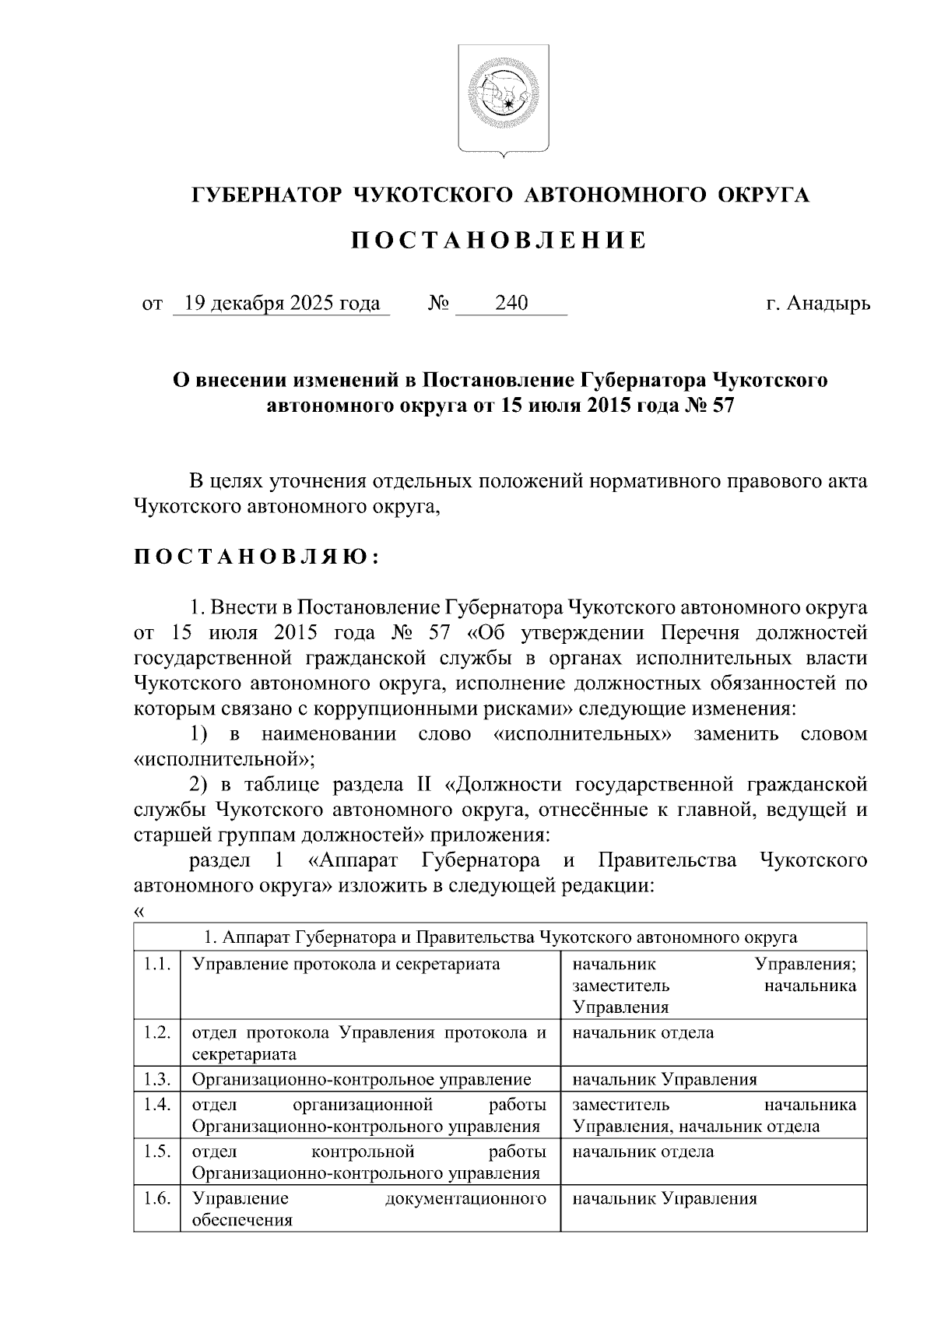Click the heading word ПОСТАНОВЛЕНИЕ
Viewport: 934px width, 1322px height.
click(499, 241)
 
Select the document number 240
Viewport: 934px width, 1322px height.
click(511, 304)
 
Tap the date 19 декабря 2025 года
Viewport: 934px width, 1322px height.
click(280, 304)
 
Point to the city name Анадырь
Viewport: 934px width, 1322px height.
click(828, 304)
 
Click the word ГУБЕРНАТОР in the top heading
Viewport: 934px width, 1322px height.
click(267, 195)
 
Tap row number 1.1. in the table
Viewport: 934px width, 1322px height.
click(157, 965)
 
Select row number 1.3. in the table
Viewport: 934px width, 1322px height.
click(157, 1079)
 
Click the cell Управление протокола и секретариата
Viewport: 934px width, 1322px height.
click(346, 965)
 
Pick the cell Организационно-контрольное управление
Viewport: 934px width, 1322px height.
click(362, 1079)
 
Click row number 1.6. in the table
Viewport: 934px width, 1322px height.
click(157, 1199)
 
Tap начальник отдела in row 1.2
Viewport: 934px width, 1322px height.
click(643, 1033)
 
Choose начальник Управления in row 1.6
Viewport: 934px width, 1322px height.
click(665, 1199)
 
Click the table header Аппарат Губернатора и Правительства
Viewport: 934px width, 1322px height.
click(500, 937)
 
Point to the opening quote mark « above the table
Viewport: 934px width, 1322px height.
click(139, 912)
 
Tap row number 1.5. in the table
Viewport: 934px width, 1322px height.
click(157, 1151)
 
